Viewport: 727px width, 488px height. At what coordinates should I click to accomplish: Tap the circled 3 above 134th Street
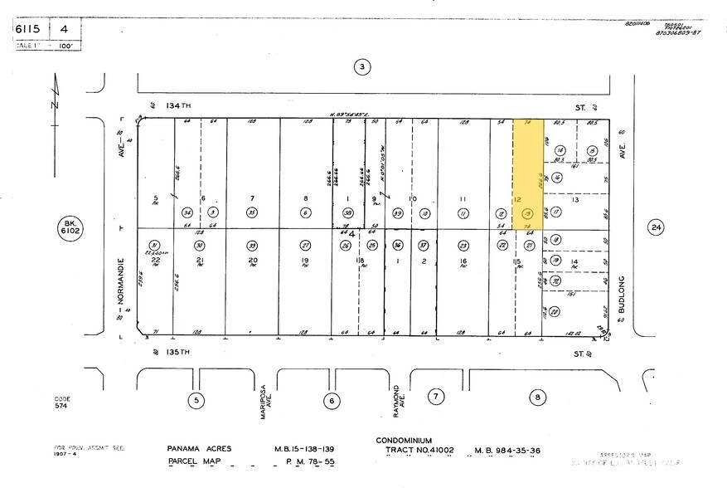tap(361, 66)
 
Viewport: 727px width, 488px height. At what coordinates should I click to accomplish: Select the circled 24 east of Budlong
tap(657, 227)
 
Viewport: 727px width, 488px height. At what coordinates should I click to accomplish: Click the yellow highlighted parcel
tap(530, 173)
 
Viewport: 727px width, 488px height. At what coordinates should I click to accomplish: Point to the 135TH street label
tap(179, 352)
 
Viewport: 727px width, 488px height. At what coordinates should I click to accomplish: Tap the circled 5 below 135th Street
tap(196, 399)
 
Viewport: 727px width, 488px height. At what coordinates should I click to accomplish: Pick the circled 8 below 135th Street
tap(538, 398)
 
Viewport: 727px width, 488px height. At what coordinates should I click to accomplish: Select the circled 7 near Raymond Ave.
tap(436, 397)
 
